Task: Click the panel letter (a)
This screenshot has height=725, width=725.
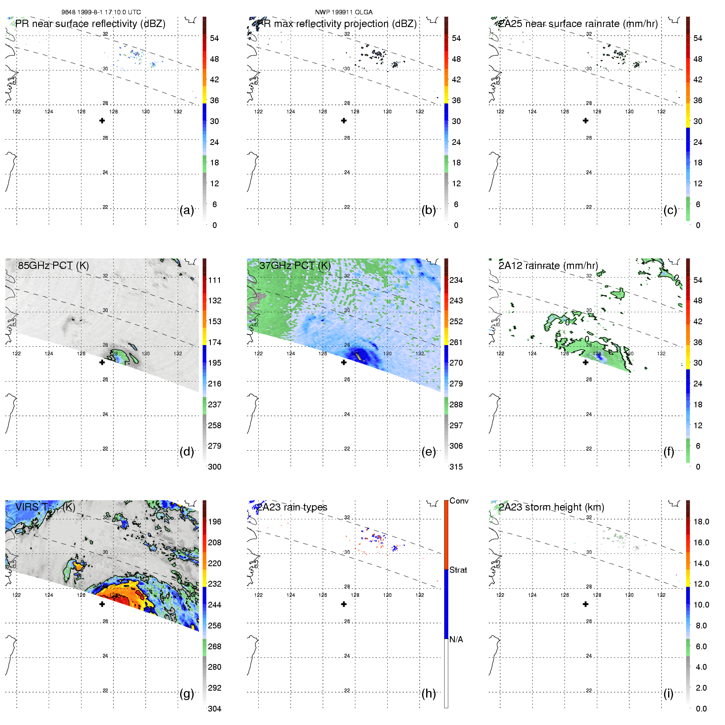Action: [186, 210]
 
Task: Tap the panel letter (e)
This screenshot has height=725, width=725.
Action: [428, 452]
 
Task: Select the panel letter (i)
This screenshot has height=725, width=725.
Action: [668, 693]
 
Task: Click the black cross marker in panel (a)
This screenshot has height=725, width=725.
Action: [102, 121]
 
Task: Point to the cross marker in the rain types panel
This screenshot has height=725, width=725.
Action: [344, 604]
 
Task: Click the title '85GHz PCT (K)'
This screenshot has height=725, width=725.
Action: [53, 266]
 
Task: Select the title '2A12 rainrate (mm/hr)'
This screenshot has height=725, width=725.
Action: [548, 266]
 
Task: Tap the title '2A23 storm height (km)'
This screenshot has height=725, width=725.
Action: [551, 507]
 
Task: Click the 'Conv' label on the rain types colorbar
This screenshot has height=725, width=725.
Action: [458, 501]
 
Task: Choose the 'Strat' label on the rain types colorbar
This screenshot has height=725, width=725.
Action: [458, 570]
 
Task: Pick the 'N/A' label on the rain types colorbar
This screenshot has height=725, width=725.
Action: [456, 639]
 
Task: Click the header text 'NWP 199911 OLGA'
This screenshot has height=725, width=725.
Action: [343, 12]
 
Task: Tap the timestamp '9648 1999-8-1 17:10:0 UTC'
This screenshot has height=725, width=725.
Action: [101, 12]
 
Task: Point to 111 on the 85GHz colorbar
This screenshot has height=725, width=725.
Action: [215, 280]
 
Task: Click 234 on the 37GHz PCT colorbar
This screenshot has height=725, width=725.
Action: [456, 280]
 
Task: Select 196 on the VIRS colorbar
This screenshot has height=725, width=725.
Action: [215, 522]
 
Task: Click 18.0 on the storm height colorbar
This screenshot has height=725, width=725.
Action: [701, 522]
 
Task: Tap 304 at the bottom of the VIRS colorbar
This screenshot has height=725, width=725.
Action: [215, 709]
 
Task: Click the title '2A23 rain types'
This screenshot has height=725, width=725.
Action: [292, 507]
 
